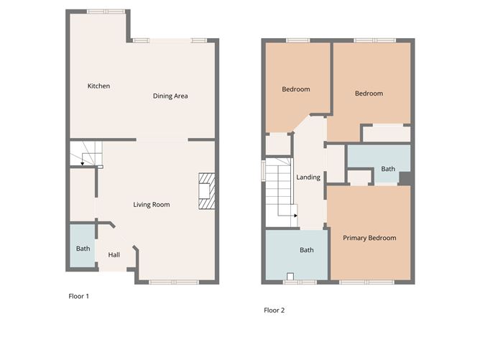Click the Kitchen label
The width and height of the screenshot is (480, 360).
click(98, 86)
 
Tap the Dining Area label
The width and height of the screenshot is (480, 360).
click(170, 96)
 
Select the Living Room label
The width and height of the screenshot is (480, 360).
click(152, 205)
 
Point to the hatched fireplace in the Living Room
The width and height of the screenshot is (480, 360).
click(207, 191)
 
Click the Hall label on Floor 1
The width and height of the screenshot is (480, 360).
click(114, 254)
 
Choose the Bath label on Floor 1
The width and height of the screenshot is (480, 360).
click(83, 249)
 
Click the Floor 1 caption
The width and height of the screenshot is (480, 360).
click(78, 296)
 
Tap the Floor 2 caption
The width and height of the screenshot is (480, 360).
click(274, 310)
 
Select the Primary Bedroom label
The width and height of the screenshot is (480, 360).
click(369, 238)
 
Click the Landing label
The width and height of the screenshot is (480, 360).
click(308, 177)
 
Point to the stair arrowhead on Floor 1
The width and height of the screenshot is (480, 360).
click(83, 164)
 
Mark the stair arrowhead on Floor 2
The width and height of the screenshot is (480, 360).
click(296, 216)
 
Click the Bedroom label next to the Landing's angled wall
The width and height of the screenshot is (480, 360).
click(296, 89)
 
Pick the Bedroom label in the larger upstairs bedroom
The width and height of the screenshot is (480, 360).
click(369, 93)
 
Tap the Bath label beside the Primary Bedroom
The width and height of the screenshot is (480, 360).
click(307, 250)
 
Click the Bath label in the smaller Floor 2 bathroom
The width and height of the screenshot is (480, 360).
click(388, 169)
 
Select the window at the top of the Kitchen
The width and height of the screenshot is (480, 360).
click(106, 11)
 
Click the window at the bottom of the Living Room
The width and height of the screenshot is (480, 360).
click(174, 282)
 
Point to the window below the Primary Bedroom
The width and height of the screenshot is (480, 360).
click(366, 282)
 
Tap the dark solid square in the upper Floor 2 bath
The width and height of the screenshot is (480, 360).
click(405, 178)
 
